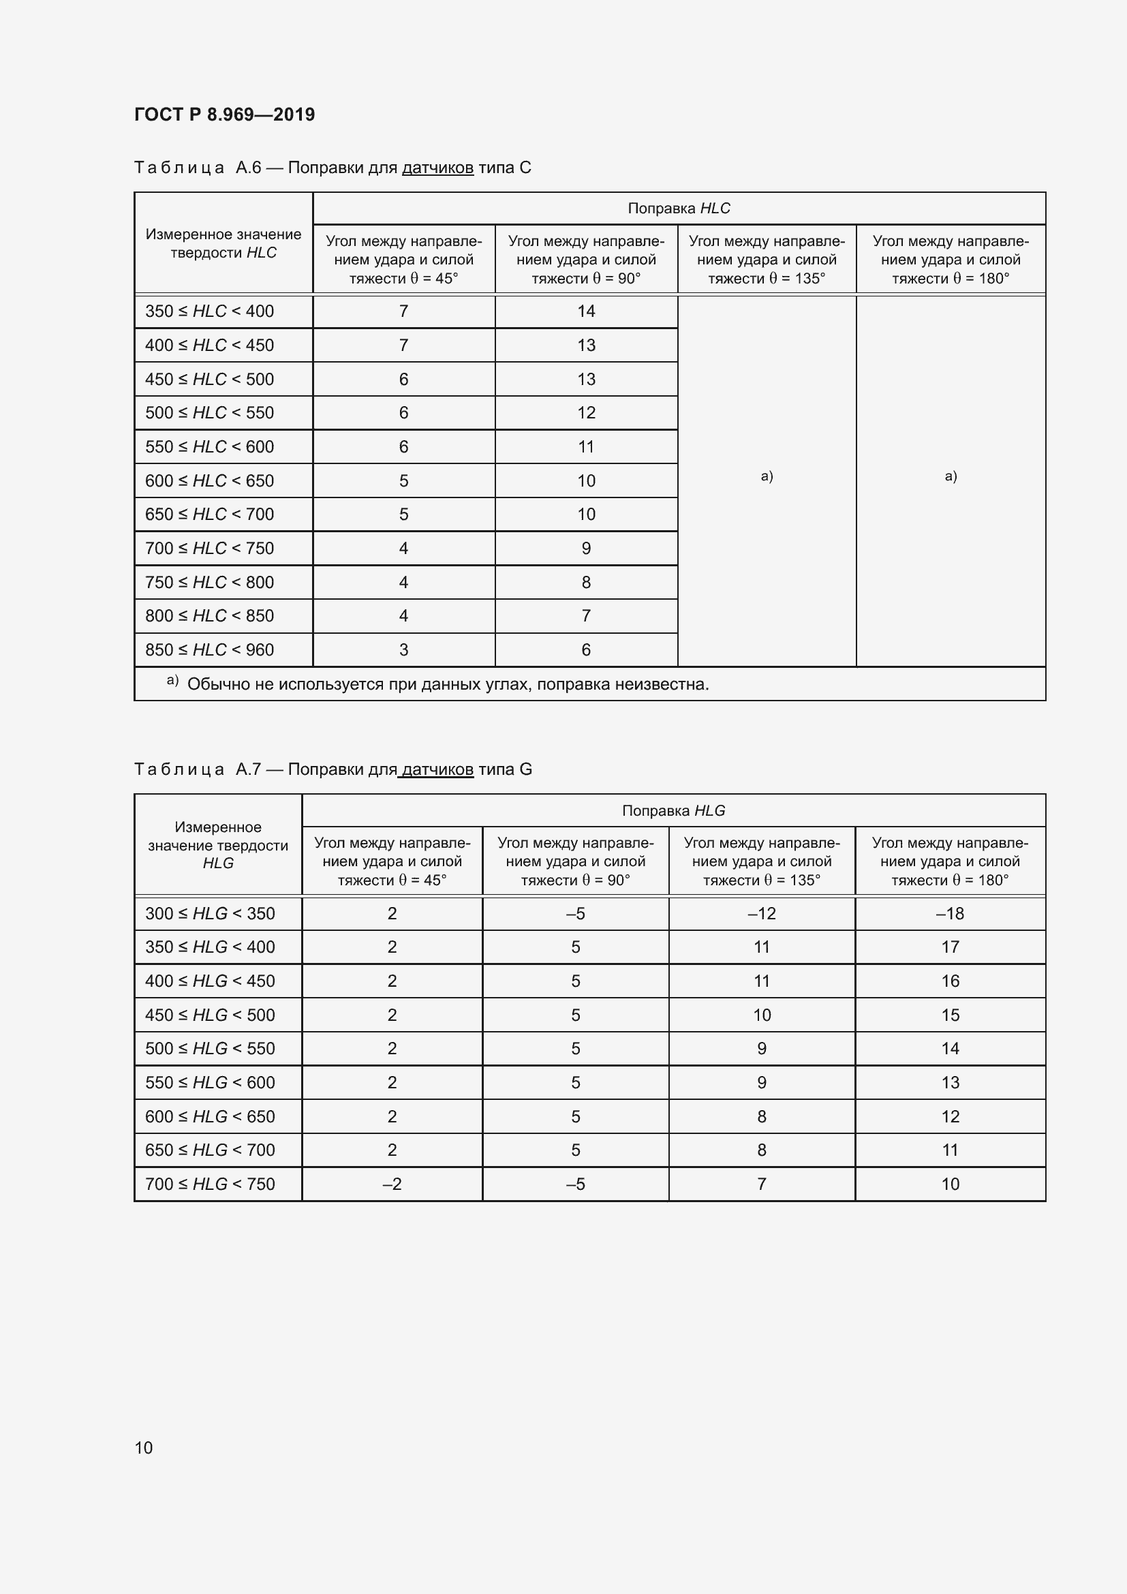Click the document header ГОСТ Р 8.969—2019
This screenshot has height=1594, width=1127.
click(224, 114)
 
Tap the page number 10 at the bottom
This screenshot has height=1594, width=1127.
click(144, 1447)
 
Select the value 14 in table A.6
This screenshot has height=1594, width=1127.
click(586, 311)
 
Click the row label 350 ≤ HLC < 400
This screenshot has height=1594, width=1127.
click(210, 311)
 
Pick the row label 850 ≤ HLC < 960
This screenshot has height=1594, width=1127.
click(210, 650)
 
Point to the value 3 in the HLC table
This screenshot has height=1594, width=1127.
click(403, 650)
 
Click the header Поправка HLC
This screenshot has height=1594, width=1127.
click(679, 209)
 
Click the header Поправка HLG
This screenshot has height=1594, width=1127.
click(673, 810)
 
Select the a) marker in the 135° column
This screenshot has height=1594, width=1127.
click(766, 476)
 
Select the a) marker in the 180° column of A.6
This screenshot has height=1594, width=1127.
click(950, 476)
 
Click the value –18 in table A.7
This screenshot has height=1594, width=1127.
click(949, 914)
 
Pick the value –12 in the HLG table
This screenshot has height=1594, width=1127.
click(761, 914)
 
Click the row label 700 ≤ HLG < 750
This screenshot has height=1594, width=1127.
click(210, 1184)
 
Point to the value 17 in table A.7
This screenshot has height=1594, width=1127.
click(949, 947)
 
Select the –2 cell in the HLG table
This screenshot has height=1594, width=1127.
click(391, 1184)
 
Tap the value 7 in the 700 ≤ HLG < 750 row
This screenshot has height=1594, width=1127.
click(761, 1184)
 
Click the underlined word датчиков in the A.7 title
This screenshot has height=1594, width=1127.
click(437, 769)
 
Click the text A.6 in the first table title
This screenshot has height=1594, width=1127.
click(248, 168)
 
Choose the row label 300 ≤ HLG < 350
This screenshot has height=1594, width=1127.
click(210, 914)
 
